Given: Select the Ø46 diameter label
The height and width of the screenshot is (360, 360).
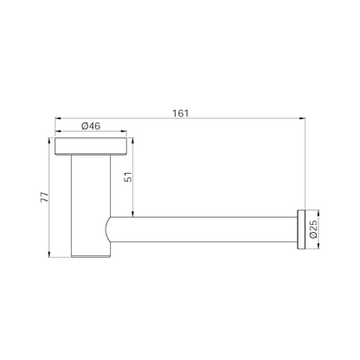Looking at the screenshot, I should coord(91,126).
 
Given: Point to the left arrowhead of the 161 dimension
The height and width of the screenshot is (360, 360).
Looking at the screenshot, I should coord(56,118).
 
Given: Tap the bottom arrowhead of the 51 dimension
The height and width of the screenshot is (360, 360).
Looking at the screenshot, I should coord(132,215).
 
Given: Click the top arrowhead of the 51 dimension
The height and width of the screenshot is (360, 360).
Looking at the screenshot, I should coord(132,138).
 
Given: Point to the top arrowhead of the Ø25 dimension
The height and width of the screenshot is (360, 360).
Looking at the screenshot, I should coord(319,210).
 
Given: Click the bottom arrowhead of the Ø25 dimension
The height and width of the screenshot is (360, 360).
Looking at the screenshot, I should coord(319,247).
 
